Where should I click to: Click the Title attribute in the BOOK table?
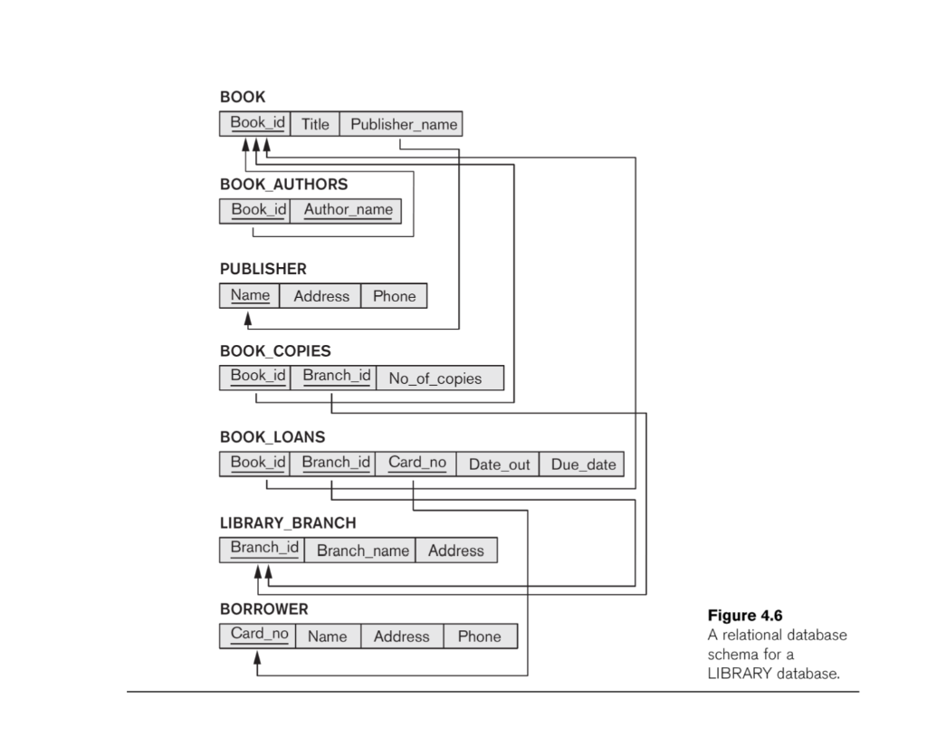click(315, 124)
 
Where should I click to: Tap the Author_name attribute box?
click(348, 210)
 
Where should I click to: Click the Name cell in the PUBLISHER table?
click(250, 295)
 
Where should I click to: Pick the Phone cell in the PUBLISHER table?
click(394, 296)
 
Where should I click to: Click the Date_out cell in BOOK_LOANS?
click(499, 464)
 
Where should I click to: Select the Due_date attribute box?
click(582, 464)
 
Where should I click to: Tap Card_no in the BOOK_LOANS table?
click(416, 464)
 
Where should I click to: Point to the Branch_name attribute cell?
click(360, 550)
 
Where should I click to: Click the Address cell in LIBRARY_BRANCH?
click(455, 550)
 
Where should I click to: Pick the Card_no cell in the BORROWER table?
click(259, 635)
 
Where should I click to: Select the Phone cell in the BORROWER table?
click(479, 636)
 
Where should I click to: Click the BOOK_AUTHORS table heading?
click(283, 184)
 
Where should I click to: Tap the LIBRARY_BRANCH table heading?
click(288, 523)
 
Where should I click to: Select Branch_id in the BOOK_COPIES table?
click(332, 377)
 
